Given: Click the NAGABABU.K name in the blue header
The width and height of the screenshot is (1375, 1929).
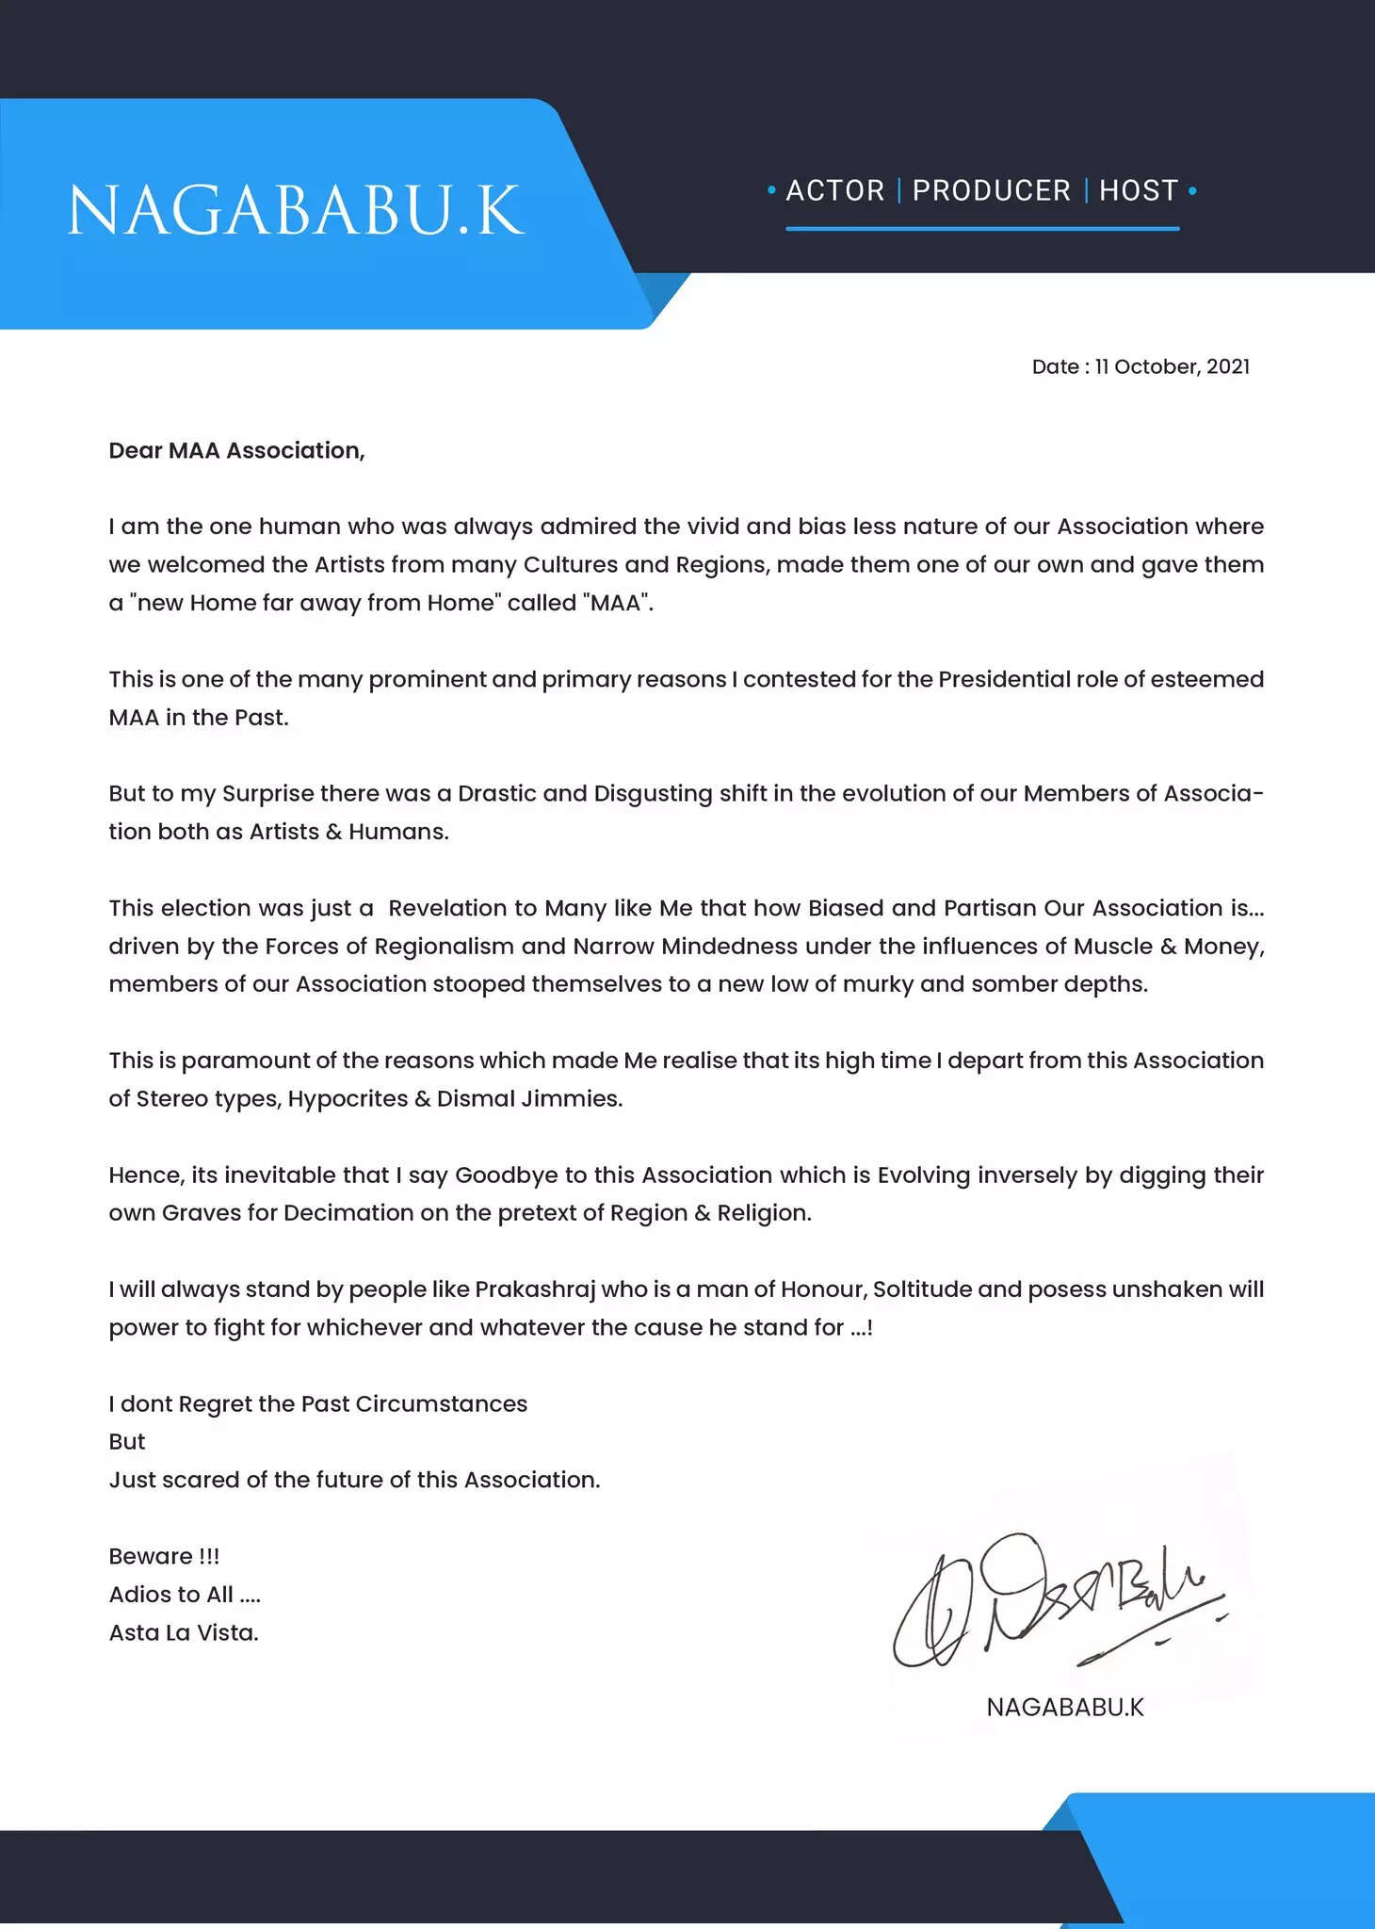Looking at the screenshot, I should pos(296,211).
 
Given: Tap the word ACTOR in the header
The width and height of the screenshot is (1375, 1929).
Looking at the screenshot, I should pos(835,190).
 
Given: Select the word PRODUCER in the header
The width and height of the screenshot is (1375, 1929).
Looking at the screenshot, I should pos(991,190).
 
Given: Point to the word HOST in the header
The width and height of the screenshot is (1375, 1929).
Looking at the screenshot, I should pos(1139,190).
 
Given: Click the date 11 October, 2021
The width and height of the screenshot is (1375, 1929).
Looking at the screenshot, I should pos(1173,366).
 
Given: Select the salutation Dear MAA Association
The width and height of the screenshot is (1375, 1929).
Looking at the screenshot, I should pos(236,450).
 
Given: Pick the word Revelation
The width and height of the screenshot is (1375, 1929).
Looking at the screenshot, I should pos(448,908).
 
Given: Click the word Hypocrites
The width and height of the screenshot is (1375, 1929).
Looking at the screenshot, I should pos(348,1099).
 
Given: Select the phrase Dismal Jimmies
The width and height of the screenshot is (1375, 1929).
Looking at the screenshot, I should pos(529,1099).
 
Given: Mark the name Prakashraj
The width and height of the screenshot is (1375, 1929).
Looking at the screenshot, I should pos(535,1289).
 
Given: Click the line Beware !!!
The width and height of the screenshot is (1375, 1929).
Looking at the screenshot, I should pos(164,1556).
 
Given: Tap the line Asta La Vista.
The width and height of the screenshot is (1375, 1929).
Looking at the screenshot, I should pos(184,1632).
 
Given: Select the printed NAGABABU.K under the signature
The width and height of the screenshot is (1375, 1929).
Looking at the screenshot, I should pos(1064,1707).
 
